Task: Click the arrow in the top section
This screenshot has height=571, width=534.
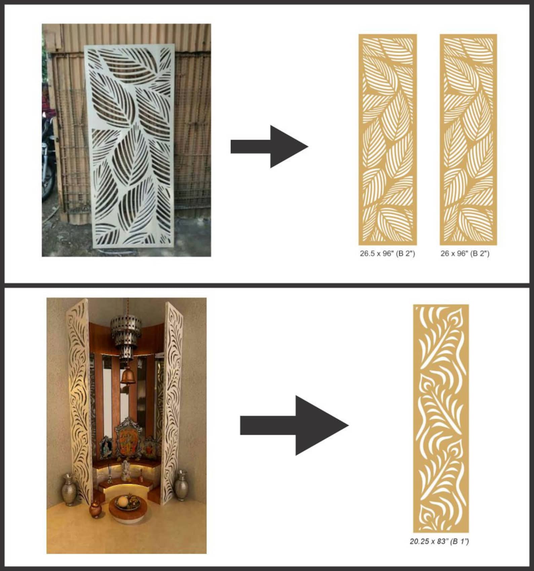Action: click(x=269, y=147)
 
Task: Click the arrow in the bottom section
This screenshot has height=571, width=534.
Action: click(x=294, y=425)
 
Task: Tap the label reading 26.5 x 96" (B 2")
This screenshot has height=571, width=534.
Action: click(x=387, y=254)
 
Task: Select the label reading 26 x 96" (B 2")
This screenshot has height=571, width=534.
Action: click(x=465, y=254)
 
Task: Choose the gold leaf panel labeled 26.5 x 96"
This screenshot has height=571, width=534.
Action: click(x=387, y=139)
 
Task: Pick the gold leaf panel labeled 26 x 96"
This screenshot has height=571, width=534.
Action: click(x=468, y=139)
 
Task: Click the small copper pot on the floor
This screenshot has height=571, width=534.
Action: click(x=96, y=509)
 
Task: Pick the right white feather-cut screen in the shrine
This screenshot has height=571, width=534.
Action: click(x=172, y=397)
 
